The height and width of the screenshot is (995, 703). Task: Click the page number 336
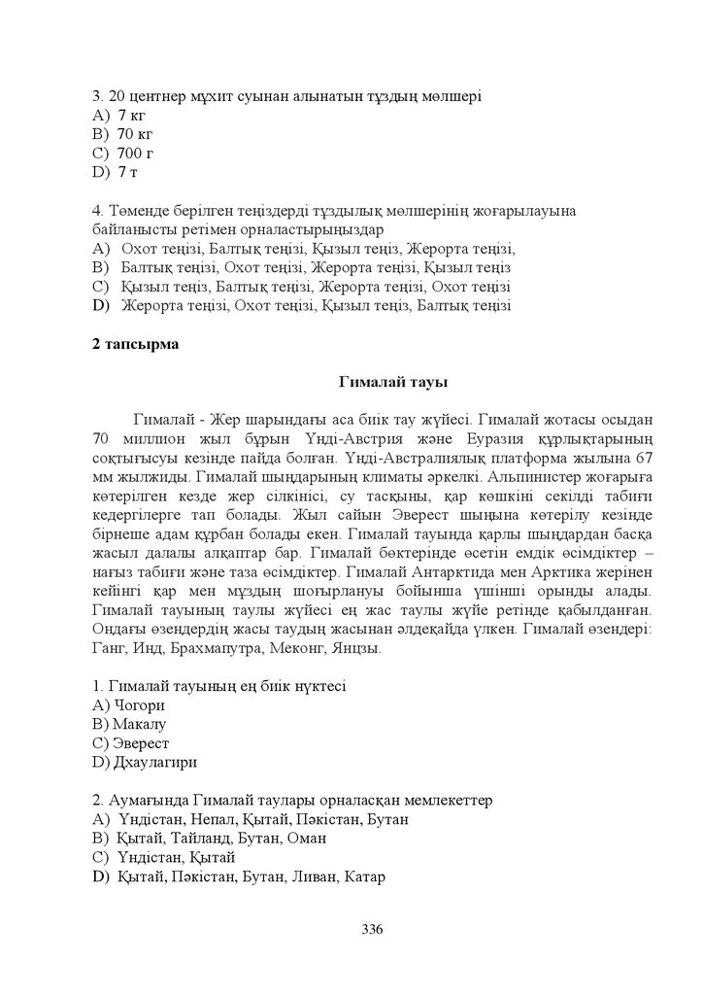tap(372, 929)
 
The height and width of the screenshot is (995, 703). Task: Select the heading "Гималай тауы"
tap(392, 382)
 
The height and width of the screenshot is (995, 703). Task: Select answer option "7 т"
tap(128, 172)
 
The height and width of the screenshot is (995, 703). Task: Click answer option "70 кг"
tap(135, 134)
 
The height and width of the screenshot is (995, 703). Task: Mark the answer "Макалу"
tap(141, 725)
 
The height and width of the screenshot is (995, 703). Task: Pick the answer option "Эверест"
tap(142, 743)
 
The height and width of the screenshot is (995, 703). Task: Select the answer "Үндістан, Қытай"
tap(176, 857)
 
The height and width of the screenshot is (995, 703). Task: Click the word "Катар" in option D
tap(365, 876)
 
